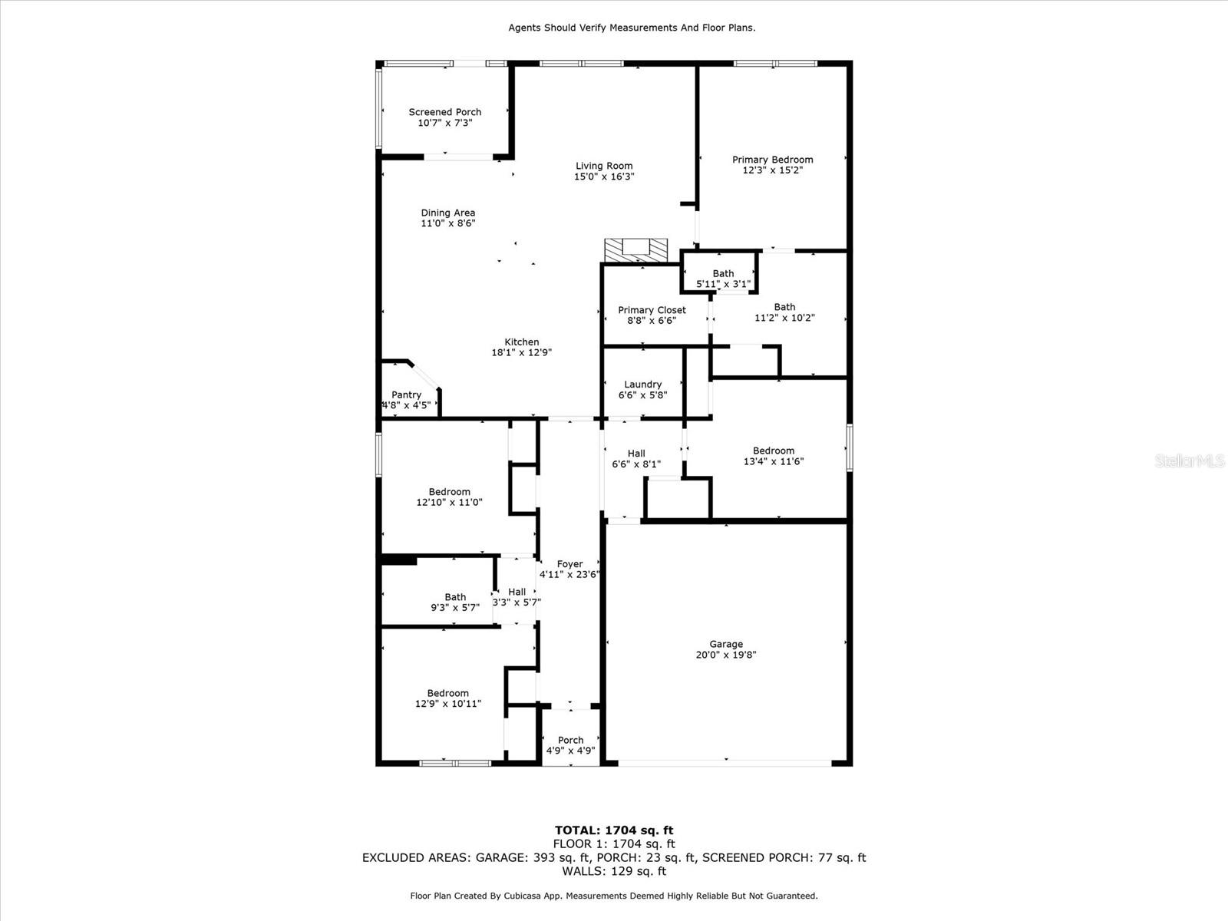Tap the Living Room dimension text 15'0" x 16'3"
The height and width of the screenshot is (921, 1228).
coord(604,177)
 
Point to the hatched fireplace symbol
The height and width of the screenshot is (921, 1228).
coord(636,250)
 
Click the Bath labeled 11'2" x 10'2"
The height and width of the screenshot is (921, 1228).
coord(784,312)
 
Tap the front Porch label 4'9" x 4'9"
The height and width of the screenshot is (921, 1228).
coord(571,745)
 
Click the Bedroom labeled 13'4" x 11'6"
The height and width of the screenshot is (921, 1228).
coord(774,456)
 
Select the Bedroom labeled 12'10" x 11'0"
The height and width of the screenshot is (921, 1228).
coord(449,497)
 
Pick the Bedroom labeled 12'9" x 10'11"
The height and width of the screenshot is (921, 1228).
coord(448,698)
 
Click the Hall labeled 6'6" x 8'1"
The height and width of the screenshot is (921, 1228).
coord(636,458)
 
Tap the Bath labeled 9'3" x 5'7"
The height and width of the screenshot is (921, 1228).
coord(455,602)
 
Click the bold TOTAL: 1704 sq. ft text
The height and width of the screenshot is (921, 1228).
coord(614,830)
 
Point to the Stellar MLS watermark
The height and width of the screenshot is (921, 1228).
coord(1190,460)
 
